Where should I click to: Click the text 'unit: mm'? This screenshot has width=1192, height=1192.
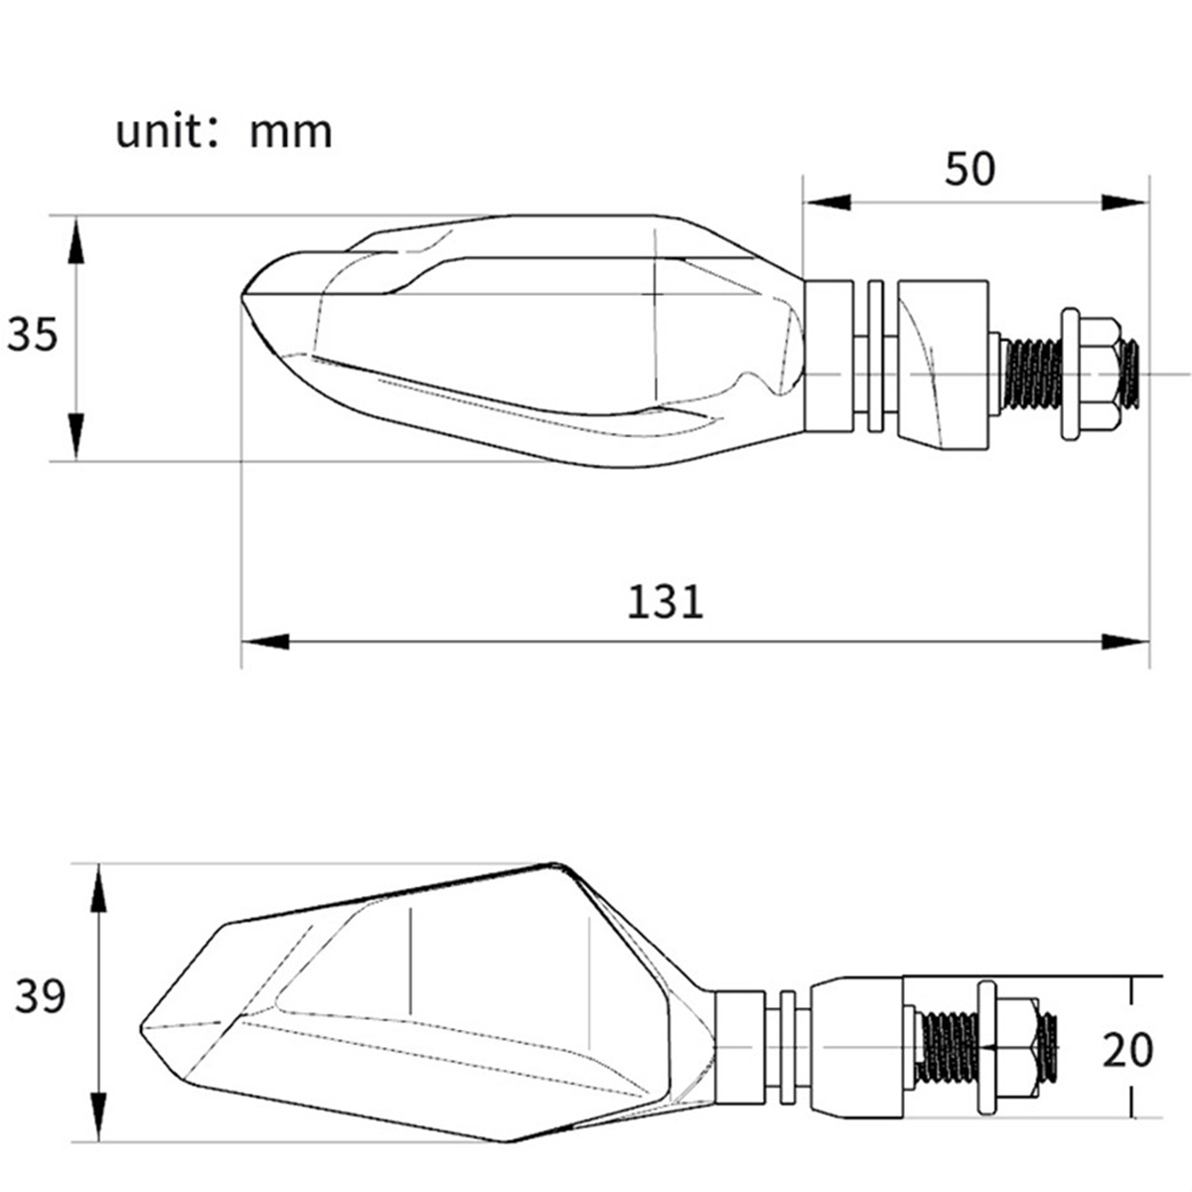point(223,132)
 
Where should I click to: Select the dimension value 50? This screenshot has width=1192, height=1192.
point(968,170)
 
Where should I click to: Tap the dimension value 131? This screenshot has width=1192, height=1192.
point(665,602)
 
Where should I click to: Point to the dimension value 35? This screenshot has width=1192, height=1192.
point(34,336)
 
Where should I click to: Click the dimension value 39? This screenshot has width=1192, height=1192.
point(40,997)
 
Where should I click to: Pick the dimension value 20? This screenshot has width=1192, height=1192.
point(1127,1050)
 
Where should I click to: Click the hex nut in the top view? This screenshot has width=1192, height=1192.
point(1092,373)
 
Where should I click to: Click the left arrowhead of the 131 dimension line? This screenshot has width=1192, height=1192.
point(264,642)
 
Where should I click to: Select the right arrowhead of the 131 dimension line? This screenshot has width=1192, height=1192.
point(1126,642)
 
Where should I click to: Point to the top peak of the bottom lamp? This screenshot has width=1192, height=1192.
point(554,866)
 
